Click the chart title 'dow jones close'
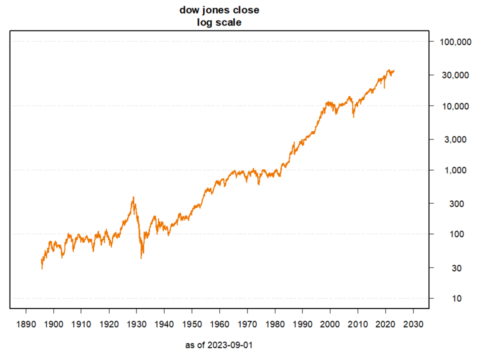[219, 10]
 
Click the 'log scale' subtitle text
[219, 22]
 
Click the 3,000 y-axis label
[455, 139]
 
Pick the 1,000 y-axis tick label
[455, 170]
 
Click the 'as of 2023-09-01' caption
[219, 345]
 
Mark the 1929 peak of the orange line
[133, 197]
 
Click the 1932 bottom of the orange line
[141, 258]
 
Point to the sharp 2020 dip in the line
[384, 88]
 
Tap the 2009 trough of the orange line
[354, 117]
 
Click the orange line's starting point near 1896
[42, 268]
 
